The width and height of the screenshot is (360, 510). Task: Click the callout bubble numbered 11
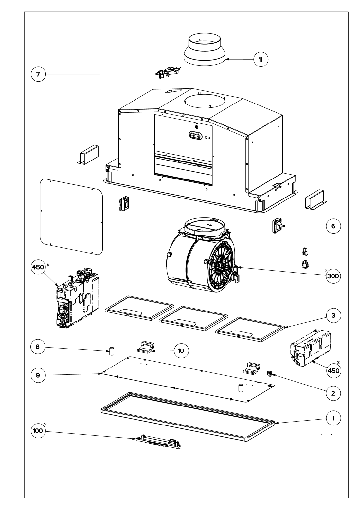coord(261,60)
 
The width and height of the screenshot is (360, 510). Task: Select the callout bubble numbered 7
coord(38,74)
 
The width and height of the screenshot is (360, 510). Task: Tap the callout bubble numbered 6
coord(333,226)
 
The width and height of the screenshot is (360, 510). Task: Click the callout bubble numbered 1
coord(333,418)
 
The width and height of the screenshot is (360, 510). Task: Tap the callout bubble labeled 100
coord(38,431)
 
